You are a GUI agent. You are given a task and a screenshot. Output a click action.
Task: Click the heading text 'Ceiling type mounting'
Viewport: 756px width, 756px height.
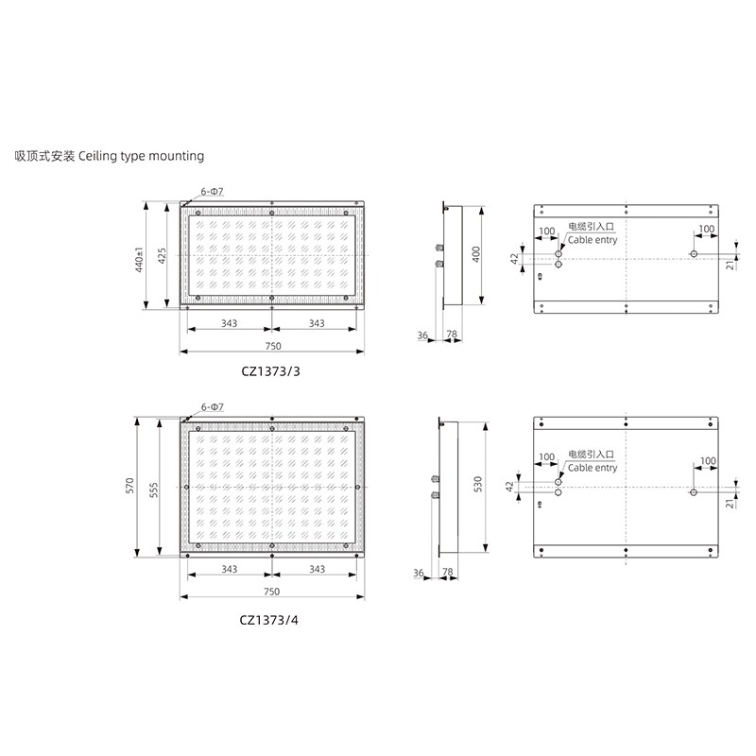[x=141, y=156]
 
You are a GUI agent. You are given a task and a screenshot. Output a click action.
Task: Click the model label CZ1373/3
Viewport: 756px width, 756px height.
[x=270, y=371]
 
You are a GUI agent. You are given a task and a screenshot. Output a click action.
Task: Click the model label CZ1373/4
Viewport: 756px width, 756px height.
[x=269, y=620]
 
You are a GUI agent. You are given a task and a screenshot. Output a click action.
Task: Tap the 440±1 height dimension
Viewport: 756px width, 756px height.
[x=139, y=259]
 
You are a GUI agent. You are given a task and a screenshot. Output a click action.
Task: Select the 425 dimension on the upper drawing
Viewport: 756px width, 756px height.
[x=162, y=255]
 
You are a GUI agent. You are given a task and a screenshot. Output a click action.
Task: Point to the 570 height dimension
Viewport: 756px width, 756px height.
[x=129, y=485]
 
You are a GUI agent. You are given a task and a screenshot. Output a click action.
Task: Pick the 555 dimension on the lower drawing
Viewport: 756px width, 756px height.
[x=153, y=490]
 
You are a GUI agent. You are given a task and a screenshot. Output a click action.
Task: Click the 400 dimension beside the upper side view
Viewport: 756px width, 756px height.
[x=476, y=253]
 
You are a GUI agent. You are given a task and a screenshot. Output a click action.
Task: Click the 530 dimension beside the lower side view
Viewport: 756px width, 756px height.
[x=477, y=484]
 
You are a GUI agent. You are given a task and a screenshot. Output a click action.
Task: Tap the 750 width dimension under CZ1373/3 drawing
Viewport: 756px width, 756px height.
[x=273, y=346]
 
